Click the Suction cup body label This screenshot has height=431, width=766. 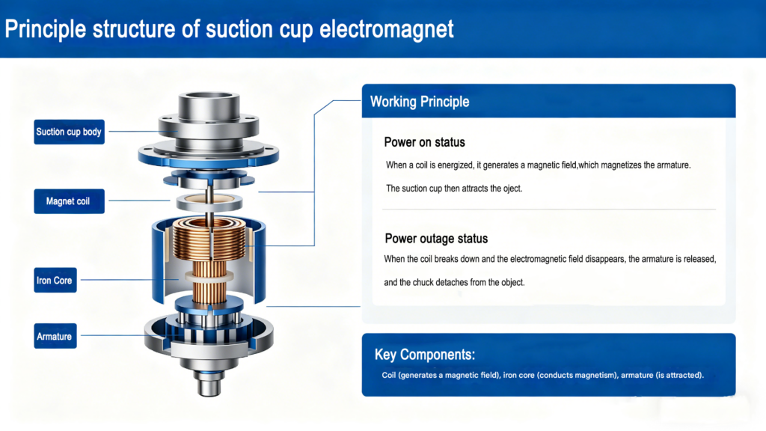[69, 132]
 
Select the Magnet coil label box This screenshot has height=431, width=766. [69, 201]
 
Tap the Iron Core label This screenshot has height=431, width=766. [55, 280]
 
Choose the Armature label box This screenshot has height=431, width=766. [55, 336]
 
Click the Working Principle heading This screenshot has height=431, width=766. [420, 102]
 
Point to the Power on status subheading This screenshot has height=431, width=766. [425, 142]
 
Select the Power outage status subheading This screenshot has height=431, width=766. [436, 239]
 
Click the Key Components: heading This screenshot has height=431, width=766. [425, 354]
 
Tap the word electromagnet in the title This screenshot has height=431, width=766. [387, 29]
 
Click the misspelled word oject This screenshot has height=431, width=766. [512, 189]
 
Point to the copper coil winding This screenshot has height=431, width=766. [209, 240]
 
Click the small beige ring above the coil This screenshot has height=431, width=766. [209, 201]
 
